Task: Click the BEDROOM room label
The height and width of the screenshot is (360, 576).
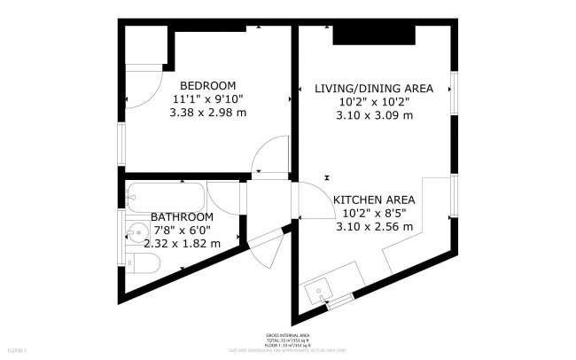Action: (207, 85)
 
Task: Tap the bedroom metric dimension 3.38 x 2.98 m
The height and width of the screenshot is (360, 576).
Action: (207, 113)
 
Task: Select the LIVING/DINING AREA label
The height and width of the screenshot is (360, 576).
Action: (373, 88)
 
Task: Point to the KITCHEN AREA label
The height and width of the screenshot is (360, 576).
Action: (374, 200)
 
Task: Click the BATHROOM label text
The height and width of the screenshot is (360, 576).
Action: (182, 217)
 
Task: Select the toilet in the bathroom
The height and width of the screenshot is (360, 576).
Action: (142, 262)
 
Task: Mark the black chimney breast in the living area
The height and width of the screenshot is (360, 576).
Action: (375, 35)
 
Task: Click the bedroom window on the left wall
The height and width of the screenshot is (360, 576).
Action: (121, 137)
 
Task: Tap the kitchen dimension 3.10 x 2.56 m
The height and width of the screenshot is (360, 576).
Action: (374, 226)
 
